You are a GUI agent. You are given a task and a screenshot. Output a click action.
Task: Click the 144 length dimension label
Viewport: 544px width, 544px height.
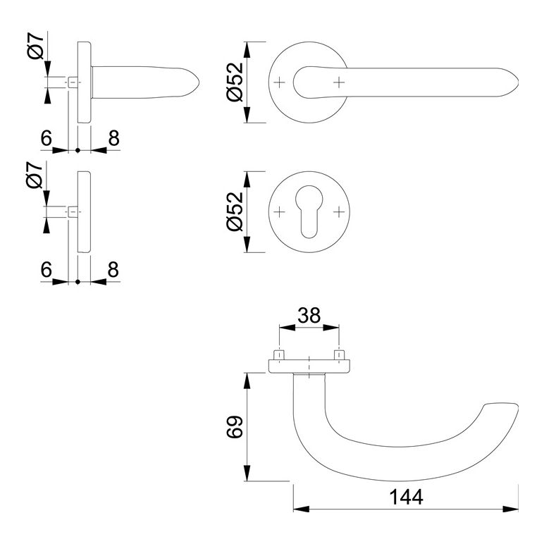(406, 497)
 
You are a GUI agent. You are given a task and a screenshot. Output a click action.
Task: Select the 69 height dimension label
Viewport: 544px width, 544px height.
(235, 427)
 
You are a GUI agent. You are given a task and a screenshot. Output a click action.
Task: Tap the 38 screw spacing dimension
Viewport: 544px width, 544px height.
(309, 316)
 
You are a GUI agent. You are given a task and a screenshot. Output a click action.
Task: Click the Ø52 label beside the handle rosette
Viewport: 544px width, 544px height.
(235, 82)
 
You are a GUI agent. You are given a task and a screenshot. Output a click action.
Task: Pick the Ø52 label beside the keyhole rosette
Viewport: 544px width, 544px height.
(235, 211)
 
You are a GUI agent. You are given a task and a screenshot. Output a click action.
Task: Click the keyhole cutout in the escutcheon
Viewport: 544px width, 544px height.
(309, 212)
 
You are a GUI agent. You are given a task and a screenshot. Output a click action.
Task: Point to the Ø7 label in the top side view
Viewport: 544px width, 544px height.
(36, 46)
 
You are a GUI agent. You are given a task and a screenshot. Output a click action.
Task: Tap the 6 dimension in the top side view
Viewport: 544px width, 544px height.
(46, 138)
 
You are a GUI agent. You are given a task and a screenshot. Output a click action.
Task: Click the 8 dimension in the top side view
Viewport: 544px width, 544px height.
(113, 138)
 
